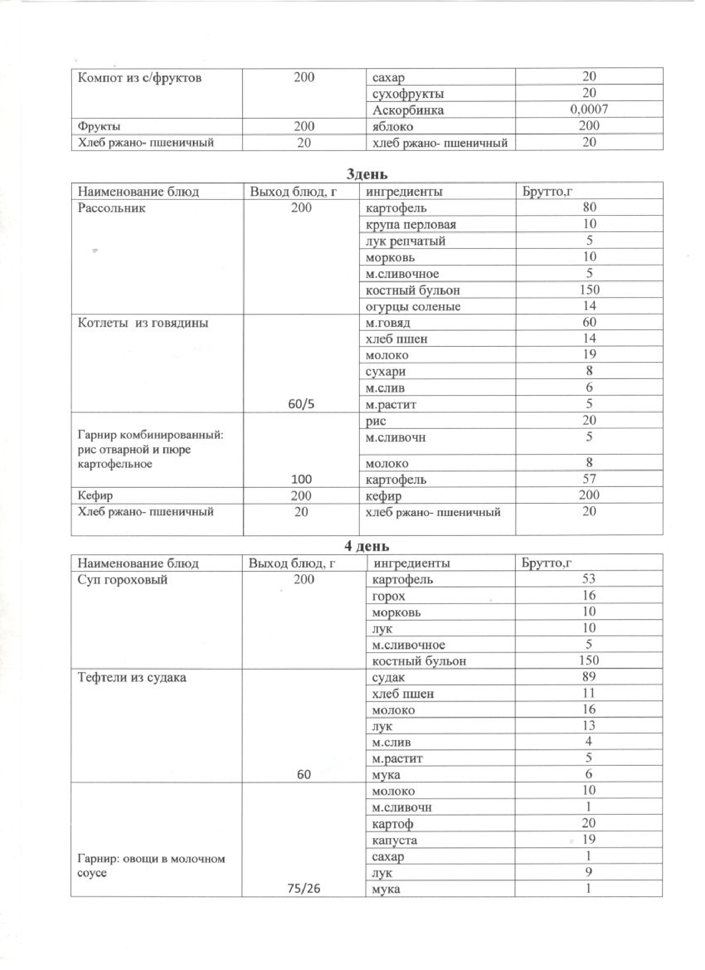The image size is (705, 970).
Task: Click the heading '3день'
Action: [366, 174]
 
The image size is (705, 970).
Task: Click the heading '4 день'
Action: [366, 546]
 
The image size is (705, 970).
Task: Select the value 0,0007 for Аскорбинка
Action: [589, 110]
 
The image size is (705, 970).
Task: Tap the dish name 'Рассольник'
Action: [111, 208]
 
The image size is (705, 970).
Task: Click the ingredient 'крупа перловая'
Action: [410, 225]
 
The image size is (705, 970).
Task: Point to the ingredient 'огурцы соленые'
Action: [412, 307]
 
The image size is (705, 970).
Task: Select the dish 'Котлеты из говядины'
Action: [143, 323]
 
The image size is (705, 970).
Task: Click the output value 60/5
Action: [301, 404]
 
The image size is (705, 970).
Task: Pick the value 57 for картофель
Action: [589, 479]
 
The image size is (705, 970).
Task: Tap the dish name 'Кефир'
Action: [95, 496]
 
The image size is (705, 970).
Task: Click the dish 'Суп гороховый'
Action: [122, 580]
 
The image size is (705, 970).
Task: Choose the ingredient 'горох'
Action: [388, 596]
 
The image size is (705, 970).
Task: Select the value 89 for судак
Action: [588, 677]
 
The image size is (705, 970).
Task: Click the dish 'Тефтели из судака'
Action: [132, 677]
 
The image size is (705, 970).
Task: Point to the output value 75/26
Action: [304, 889]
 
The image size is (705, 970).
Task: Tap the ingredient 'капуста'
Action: [394, 841]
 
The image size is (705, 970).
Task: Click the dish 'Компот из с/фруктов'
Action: [139, 78]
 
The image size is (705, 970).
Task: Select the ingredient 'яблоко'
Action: [393, 127]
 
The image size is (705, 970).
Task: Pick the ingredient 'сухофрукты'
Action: [408, 94]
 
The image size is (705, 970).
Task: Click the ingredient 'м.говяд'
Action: [388, 323]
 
